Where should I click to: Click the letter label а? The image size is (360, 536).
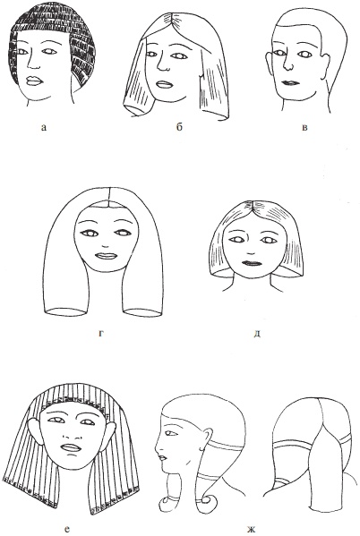point(43,128)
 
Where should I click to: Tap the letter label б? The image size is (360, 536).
point(180,127)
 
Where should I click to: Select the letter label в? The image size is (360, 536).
point(304,128)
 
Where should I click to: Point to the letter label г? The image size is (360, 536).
point(101,333)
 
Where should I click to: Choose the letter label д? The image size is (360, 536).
point(257,333)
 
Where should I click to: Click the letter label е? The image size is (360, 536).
point(67,529)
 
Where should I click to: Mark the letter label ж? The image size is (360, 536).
point(251,529)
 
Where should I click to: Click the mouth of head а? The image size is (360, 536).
point(34,81)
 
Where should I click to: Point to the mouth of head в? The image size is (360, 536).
point(290,82)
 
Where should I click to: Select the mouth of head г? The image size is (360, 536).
point(105,256)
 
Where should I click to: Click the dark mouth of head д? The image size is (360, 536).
point(252,263)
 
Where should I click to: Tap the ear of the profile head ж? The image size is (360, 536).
point(206,438)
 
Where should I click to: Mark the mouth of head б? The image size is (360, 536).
point(164,84)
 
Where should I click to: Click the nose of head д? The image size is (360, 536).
point(252,253)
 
